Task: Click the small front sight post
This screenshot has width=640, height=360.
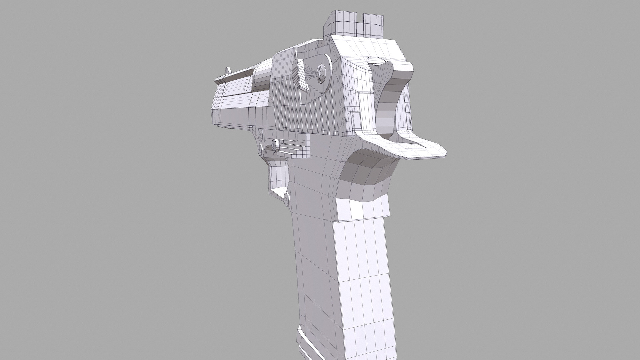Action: coord(228,70)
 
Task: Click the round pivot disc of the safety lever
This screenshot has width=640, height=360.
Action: coord(322,76)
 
